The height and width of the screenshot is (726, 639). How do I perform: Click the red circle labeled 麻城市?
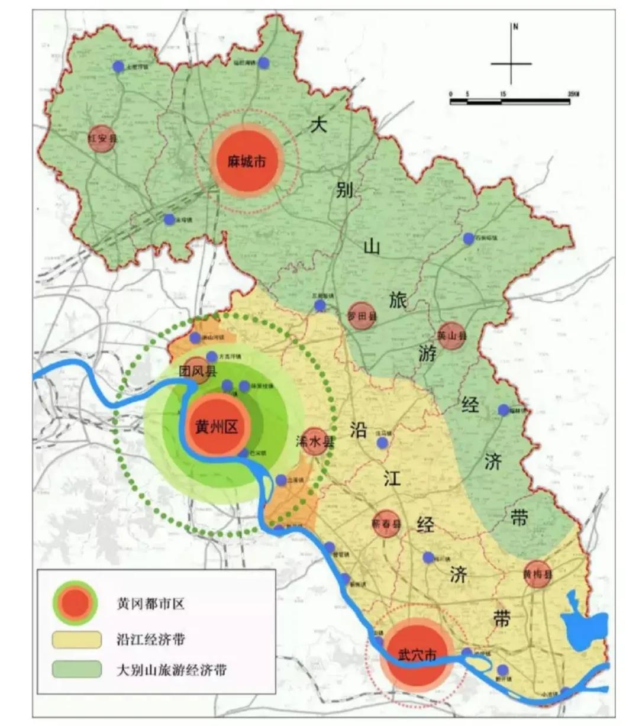(247, 160)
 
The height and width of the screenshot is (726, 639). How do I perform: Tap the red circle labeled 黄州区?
(216, 426)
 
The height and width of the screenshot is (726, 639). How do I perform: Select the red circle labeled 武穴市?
(417, 655)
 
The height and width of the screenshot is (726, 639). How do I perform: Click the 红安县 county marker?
(102, 138)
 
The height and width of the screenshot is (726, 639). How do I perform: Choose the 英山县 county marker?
(452, 335)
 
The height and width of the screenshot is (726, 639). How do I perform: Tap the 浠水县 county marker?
(315, 441)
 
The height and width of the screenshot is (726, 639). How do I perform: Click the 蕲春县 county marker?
(387, 524)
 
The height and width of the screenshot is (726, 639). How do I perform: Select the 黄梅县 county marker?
(537, 574)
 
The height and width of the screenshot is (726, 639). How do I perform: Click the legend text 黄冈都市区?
(150, 604)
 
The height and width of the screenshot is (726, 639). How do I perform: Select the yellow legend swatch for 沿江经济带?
(76, 640)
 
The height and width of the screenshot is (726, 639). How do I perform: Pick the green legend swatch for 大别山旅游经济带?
(76, 669)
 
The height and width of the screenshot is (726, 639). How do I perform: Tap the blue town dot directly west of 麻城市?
(169, 220)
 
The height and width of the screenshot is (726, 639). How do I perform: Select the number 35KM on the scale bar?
(573, 94)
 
